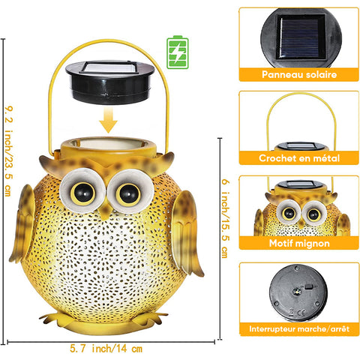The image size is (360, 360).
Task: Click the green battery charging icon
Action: pos(178,52)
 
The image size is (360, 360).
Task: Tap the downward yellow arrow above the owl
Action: pos(108,120)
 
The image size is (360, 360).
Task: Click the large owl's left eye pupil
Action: pos(83,193)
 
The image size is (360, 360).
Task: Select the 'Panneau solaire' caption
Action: pos(299,74)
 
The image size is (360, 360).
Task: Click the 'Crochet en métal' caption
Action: pos(299,158)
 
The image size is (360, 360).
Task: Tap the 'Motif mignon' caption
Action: pos(299,243)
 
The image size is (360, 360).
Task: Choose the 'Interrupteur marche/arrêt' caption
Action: pos(299,328)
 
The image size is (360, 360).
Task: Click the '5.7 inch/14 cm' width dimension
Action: pos(106,349)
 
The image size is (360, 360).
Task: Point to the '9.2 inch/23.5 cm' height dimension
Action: pos(8,151)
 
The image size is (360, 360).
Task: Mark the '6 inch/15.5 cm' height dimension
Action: pos(225,218)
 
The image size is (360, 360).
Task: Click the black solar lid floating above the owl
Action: pos(110,82)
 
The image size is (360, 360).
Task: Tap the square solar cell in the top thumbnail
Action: pos(301,37)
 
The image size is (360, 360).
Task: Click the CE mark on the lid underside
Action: pos(301,312)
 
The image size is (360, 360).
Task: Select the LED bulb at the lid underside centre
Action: pos(297,291)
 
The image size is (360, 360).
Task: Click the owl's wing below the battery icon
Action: pos(186,232)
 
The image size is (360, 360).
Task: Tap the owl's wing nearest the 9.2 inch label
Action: pos(23,223)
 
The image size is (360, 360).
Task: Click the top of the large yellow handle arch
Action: pos(108,40)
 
